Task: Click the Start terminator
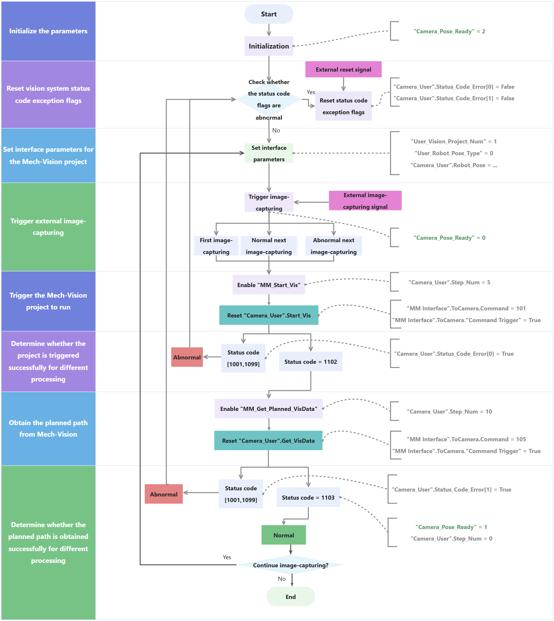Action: tap(268, 14)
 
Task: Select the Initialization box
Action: tap(268, 46)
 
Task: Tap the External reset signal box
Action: tap(343, 70)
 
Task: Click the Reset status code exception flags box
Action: tap(343, 106)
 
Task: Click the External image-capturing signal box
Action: tap(365, 201)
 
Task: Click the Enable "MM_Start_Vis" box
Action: tap(268, 285)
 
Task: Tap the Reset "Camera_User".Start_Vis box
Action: tap(268, 315)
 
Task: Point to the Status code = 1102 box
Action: tap(310, 362)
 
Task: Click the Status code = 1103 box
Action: tap(308, 497)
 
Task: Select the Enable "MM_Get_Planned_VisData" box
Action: tap(268, 409)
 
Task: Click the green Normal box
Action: tap(283, 535)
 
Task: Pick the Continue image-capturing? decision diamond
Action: tap(290, 565)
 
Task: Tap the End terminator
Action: tap(290, 597)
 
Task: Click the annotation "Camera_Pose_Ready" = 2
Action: tap(449, 31)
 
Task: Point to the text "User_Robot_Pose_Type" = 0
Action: tap(454, 153)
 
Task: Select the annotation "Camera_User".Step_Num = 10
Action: tap(449, 411)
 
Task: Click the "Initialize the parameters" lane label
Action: tap(48, 31)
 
